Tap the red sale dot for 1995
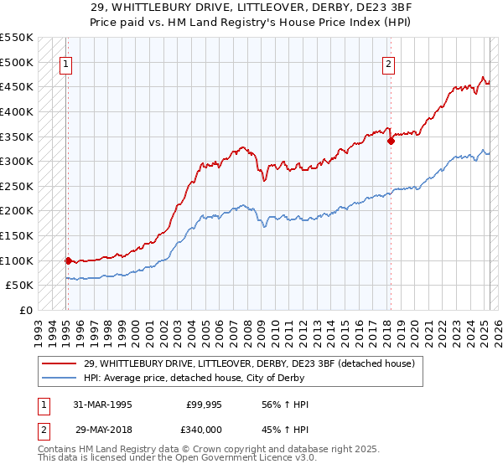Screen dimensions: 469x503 coord(68,260)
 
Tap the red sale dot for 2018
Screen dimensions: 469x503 coord(391,142)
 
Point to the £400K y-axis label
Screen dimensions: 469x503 coord(17,111)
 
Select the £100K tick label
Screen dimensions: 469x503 coord(17,260)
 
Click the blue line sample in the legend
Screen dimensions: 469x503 coord(60,379)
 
